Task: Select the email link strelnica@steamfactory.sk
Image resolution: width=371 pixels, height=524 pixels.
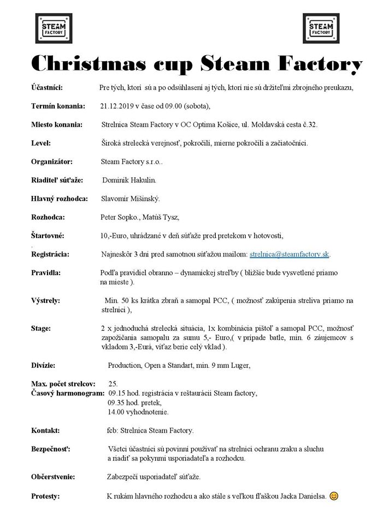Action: pyautogui.click(x=289, y=254)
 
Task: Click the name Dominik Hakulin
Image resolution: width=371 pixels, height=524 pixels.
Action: pyautogui.click(x=129, y=180)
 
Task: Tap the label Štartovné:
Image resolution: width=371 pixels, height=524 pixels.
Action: pyautogui.click(x=48, y=235)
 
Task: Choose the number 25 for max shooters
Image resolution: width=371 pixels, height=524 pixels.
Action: pyautogui.click(x=113, y=384)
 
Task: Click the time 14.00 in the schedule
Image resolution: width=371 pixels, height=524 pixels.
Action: pyautogui.click(x=118, y=411)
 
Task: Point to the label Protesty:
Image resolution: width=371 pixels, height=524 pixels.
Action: pyautogui.click(x=45, y=496)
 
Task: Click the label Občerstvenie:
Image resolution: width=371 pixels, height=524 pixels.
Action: pyautogui.click(x=53, y=477)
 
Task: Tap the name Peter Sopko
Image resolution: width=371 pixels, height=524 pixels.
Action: pyautogui.click(x=120, y=217)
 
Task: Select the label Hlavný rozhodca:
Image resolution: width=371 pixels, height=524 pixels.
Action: pyautogui.click(x=59, y=199)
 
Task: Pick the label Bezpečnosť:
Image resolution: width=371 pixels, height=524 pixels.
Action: pyautogui.click(x=50, y=449)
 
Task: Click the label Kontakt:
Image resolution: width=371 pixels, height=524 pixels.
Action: pyautogui.click(x=45, y=430)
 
